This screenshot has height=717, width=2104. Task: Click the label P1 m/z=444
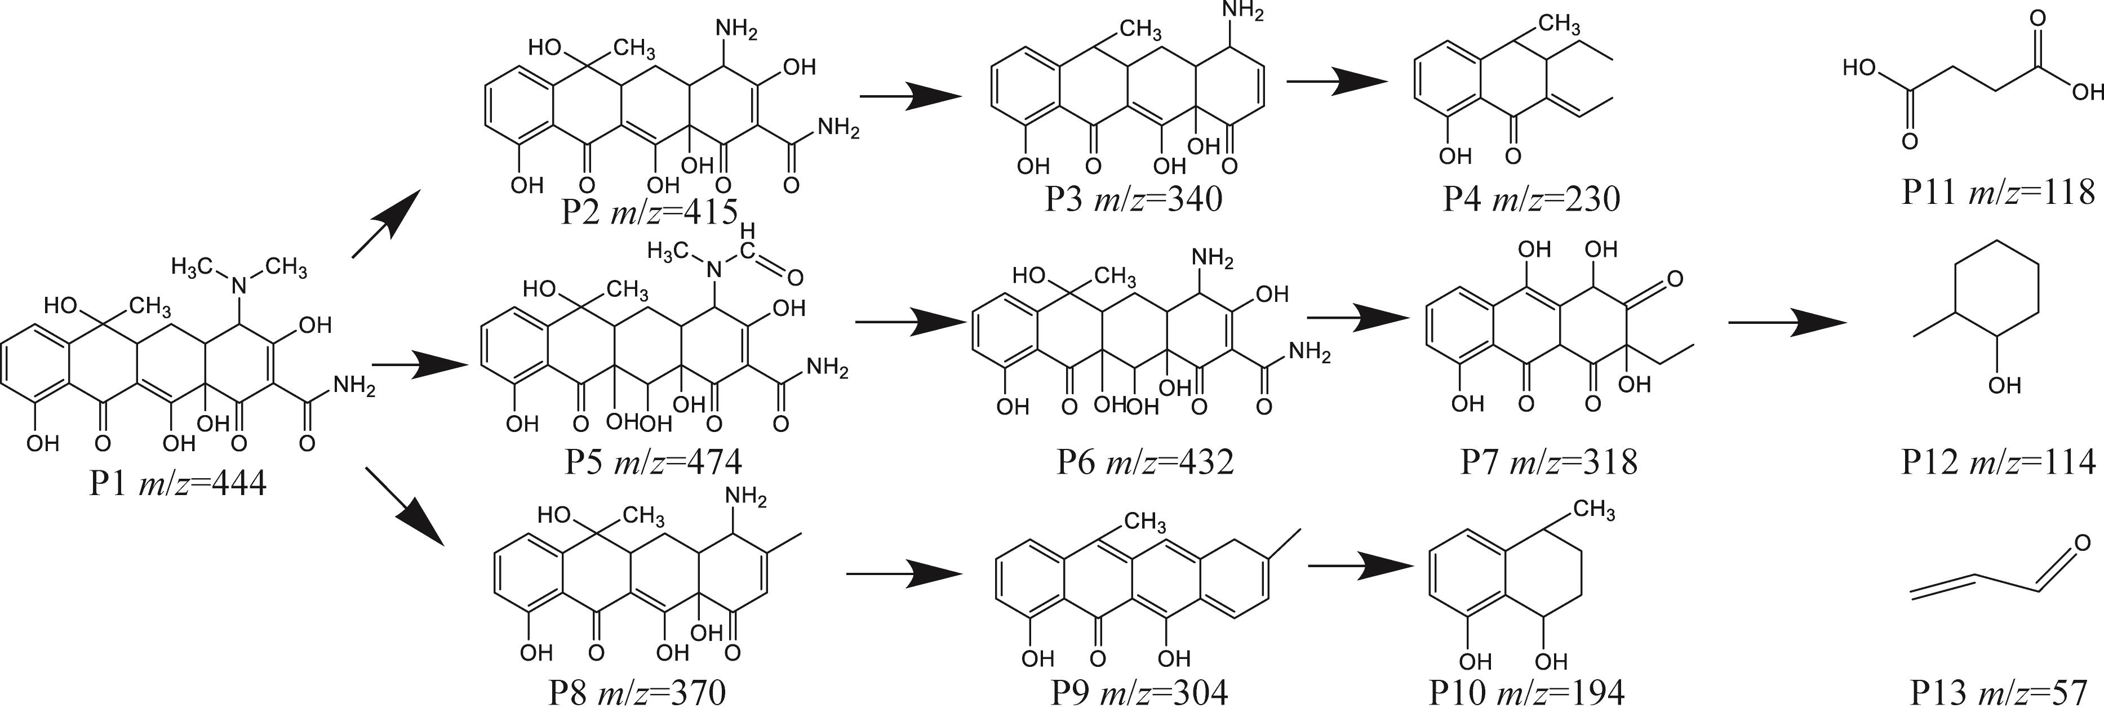point(177,484)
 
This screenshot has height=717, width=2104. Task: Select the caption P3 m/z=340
point(1133,198)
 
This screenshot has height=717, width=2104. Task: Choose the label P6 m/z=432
point(1144,462)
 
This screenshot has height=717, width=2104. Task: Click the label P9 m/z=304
point(1139,693)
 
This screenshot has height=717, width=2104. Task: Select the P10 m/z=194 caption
point(1526,693)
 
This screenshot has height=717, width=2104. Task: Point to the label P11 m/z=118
point(1998,193)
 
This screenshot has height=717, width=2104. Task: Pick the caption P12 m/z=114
point(1998,462)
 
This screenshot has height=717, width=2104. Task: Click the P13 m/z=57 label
point(1998,693)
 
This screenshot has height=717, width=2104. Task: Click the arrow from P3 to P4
point(1337,82)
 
